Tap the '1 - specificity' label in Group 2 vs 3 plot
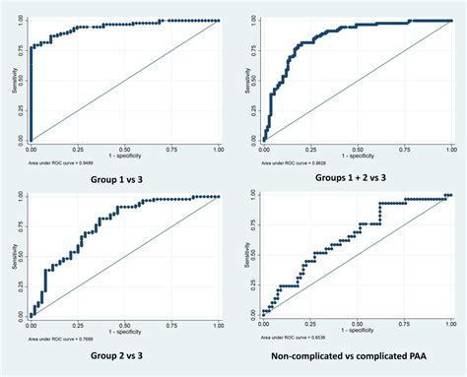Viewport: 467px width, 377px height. click(x=125, y=324)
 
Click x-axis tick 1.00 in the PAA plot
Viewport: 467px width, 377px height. click(x=451, y=320)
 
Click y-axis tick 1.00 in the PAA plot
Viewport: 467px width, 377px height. click(x=251, y=195)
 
